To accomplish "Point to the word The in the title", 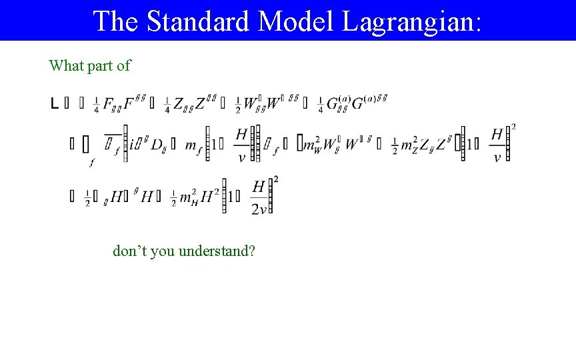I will click(x=116, y=21).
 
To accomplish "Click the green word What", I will click(x=65, y=65).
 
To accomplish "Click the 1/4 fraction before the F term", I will click(x=97, y=105).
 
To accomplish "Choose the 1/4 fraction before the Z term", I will click(x=167, y=105).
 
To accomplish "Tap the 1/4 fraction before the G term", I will click(x=321, y=105).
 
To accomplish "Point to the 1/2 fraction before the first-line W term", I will click(x=239, y=105).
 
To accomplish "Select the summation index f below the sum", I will click(x=91, y=161).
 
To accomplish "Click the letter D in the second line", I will click(x=157, y=145).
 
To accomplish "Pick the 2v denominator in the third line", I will click(x=259, y=209).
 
